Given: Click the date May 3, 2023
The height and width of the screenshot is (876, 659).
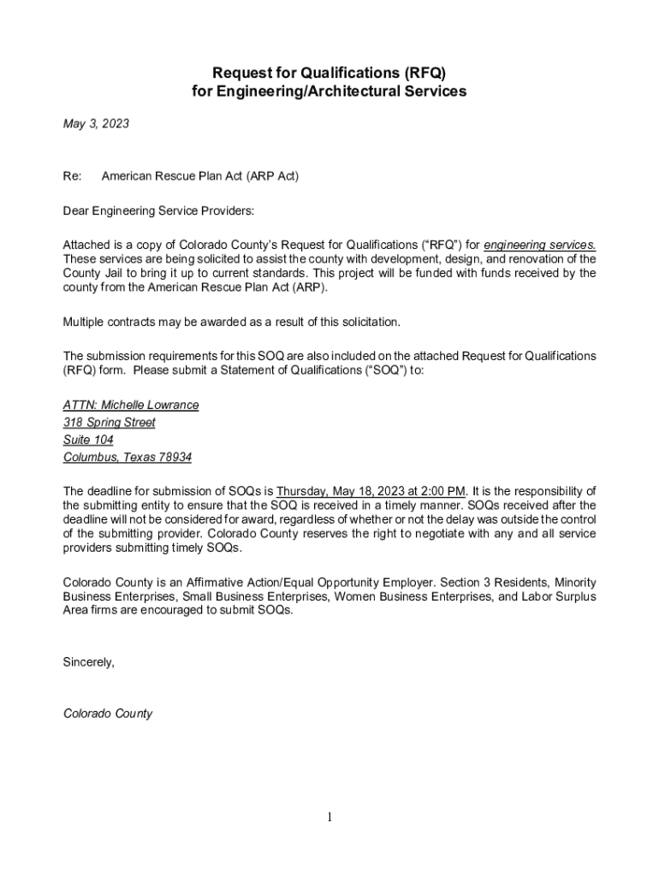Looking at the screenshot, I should coord(96,125).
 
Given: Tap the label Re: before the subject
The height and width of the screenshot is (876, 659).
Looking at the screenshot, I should coord(72,176).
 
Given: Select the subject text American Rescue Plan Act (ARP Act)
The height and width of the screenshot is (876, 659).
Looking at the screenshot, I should coord(199,176).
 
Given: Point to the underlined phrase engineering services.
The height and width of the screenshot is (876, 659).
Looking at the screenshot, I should coord(540,246).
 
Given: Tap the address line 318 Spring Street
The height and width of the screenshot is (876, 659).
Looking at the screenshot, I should coord(110,423).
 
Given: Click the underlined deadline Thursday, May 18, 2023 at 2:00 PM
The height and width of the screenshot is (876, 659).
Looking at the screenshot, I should coord(371,492).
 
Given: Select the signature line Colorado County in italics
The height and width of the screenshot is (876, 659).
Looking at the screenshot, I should coord(108,713).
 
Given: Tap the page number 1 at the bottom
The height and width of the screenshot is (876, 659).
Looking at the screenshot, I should coord(329,818).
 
